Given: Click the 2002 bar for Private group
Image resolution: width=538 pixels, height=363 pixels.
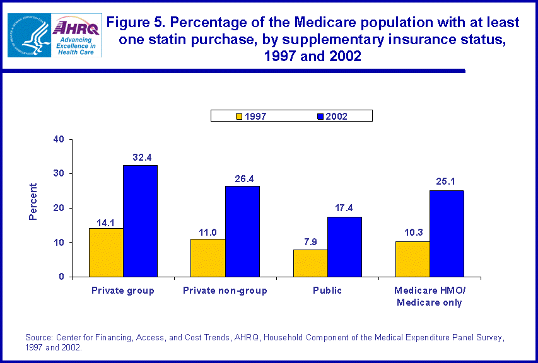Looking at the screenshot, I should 140,221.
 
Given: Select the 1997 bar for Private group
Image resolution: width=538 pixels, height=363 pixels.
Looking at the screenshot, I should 106,252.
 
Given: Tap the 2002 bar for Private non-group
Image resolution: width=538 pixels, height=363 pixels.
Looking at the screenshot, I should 242,231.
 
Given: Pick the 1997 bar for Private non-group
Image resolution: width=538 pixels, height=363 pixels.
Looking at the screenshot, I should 208,258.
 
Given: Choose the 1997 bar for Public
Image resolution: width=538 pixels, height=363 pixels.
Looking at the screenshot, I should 310,263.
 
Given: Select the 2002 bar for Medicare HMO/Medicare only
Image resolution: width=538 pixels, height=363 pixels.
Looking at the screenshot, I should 447,233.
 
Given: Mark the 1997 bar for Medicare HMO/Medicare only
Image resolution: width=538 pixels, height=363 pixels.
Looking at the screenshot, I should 412,259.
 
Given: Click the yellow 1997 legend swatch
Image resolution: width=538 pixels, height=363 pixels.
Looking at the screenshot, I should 239,116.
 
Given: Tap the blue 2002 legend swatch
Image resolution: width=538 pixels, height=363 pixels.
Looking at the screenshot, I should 320,116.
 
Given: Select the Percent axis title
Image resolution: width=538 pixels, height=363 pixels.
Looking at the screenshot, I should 33,202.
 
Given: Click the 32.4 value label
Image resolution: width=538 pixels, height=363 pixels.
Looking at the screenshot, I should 140,156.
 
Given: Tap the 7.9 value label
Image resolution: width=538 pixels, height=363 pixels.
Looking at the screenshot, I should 310,241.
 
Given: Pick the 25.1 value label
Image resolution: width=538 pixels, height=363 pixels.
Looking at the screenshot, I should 447,181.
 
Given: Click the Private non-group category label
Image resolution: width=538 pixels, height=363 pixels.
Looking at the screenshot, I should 225,291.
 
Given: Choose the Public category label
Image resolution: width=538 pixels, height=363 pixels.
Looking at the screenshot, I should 327,291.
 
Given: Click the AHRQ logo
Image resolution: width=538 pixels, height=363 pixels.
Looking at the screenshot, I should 76,35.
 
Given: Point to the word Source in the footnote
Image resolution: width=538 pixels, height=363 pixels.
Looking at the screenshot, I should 38,338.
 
